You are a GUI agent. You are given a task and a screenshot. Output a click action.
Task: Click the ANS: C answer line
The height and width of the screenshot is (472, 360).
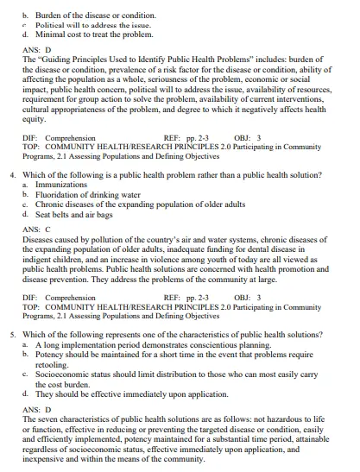(37, 230)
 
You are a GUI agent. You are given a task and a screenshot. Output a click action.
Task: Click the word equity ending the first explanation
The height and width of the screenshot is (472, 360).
(35, 120)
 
